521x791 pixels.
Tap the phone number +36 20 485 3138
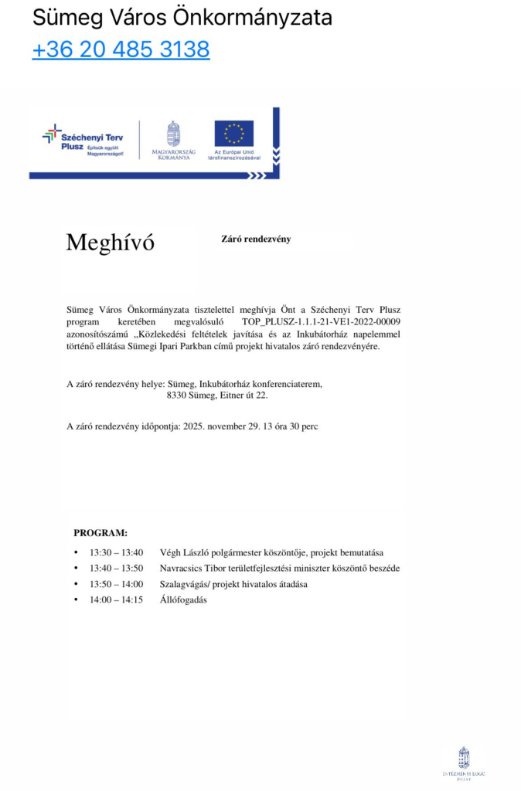[x=121, y=49]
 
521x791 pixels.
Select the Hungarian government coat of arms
[x=173, y=134]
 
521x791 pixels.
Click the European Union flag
[x=233, y=133]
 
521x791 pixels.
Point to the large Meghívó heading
[x=110, y=243]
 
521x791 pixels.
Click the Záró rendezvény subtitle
[x=256, y=239]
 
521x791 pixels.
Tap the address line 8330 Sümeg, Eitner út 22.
[x=217, y=395]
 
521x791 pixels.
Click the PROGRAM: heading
[x=100, y=533]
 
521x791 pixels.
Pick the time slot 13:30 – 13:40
[x=116, y=553]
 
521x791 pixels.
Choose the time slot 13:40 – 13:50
[x=116, y=569]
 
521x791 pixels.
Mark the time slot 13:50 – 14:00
[x=116, y=584]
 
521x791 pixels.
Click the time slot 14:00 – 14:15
[x=116, y=599]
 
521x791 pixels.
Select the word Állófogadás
[x=183, y=599]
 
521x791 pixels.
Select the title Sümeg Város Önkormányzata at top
[x=182, y=18]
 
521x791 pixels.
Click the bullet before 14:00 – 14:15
[x=76, y=599]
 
